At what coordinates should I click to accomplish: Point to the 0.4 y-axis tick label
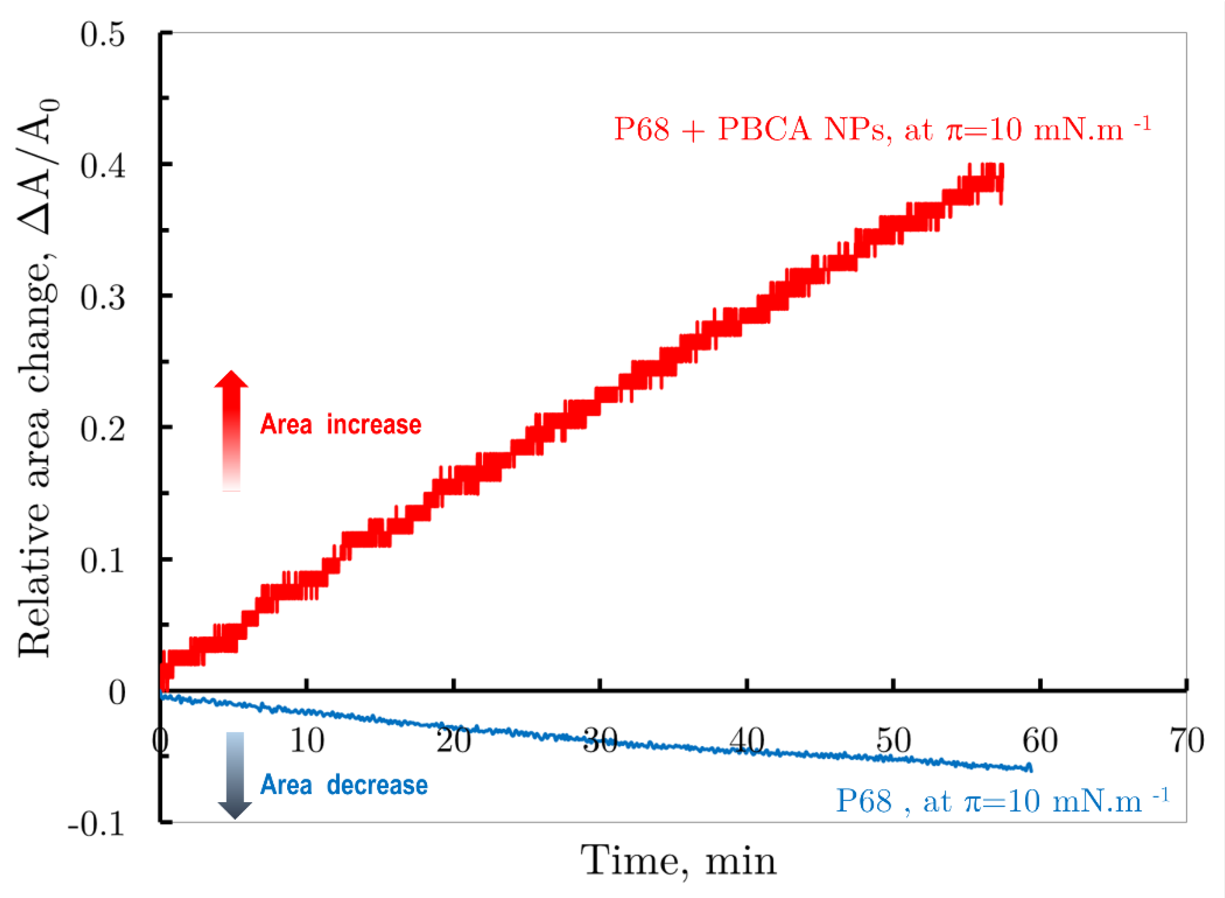[x=102, y=166]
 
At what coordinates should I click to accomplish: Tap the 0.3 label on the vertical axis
[x=102, y=298]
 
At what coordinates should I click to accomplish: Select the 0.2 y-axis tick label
[x=102, y=430]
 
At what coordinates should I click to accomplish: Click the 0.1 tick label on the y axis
[x=102, y=561]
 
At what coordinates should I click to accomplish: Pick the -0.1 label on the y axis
[x=96, y=824]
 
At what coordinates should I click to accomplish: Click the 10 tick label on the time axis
[x=307, y=741]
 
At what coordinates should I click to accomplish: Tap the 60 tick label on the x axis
[x=1040, y=741]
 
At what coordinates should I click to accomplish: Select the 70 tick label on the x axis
[x=1187, y=741]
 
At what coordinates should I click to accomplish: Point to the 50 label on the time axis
[x=893, y=741]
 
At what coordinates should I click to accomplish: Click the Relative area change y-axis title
[x=36, y=378]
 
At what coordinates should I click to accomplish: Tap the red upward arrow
[x=231, y=430]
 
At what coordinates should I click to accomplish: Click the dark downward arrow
[x=235, y=775]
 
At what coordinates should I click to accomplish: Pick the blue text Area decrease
[x=344, y=785]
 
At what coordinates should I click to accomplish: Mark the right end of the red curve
[x=1002, y=185]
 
